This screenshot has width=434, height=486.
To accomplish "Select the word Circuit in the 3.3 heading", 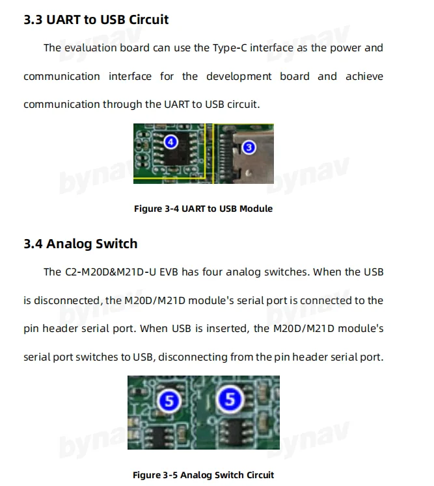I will [148, 19].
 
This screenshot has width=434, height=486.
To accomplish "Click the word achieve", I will [364, 77].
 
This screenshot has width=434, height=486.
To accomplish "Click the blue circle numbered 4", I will [170, 141].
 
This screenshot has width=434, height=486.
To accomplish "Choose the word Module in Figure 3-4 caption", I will [256, 209].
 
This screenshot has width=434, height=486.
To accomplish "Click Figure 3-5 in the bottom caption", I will [155, 475].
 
